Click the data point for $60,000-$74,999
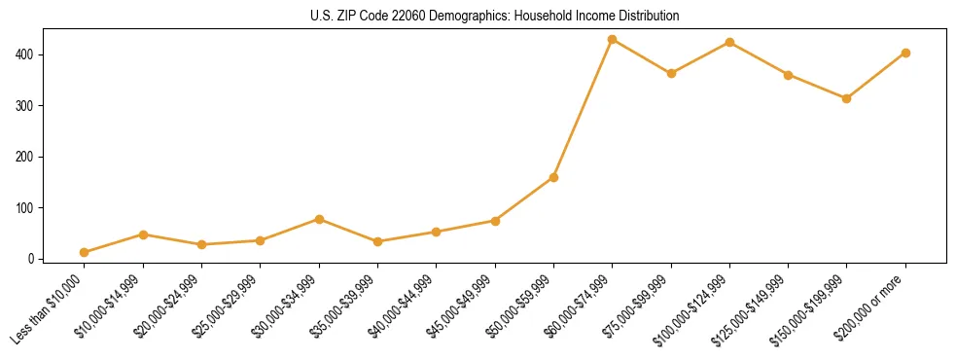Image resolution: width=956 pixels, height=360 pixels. tap(612, 39)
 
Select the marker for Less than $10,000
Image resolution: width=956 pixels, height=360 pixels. tap(84, 252)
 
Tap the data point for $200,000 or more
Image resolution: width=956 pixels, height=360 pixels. tap(905, 53)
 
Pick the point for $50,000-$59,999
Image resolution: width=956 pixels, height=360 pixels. tap(553, 177)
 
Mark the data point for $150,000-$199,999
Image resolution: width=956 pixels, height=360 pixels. tap(846, 98)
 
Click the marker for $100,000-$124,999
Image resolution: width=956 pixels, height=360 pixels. tap(729, 42)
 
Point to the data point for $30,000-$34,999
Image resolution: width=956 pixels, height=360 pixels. tap(319, 219)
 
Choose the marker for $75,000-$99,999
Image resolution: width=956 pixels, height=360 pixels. tap(671, 73)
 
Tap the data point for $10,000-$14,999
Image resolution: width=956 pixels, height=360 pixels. tap(143, 234)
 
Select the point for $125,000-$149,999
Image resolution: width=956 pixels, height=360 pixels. tap(788, 74)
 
